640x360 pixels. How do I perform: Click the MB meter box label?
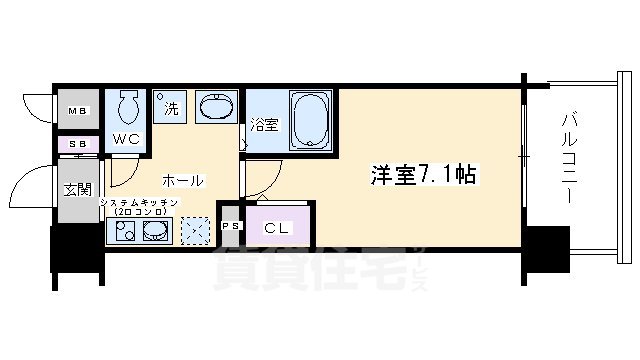click(76, 111)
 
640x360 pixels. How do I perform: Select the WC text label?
click(125, 139)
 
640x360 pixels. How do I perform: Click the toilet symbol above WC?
click(126, 107)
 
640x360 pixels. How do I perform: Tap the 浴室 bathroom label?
click(263, 127)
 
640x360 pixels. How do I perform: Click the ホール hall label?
click(183, 181)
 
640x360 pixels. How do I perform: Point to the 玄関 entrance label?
click(77, 188)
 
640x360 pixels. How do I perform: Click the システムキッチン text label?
click(139, 203)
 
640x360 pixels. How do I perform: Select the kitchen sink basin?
click(155, 232)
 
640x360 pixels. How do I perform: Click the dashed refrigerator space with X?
click(194, 231)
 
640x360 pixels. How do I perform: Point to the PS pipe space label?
click(229, 226)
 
